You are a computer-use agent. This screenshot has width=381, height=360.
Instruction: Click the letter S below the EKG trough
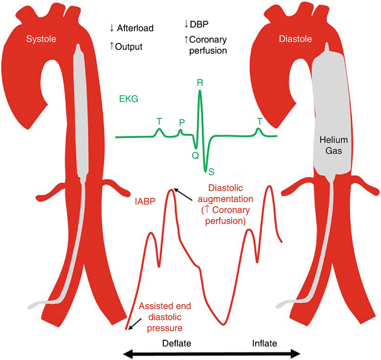click(211, 171)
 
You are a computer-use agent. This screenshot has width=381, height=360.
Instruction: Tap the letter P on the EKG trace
click(182, 122)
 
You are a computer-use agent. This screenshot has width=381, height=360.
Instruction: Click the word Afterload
click(135, 28)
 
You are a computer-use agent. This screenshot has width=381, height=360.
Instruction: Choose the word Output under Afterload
click(128, 46)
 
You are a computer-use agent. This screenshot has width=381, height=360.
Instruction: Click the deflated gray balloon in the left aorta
click(79, 112)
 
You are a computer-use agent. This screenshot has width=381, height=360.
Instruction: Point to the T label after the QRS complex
click(260, 121)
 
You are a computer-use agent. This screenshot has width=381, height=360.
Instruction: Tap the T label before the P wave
click(159, 121)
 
